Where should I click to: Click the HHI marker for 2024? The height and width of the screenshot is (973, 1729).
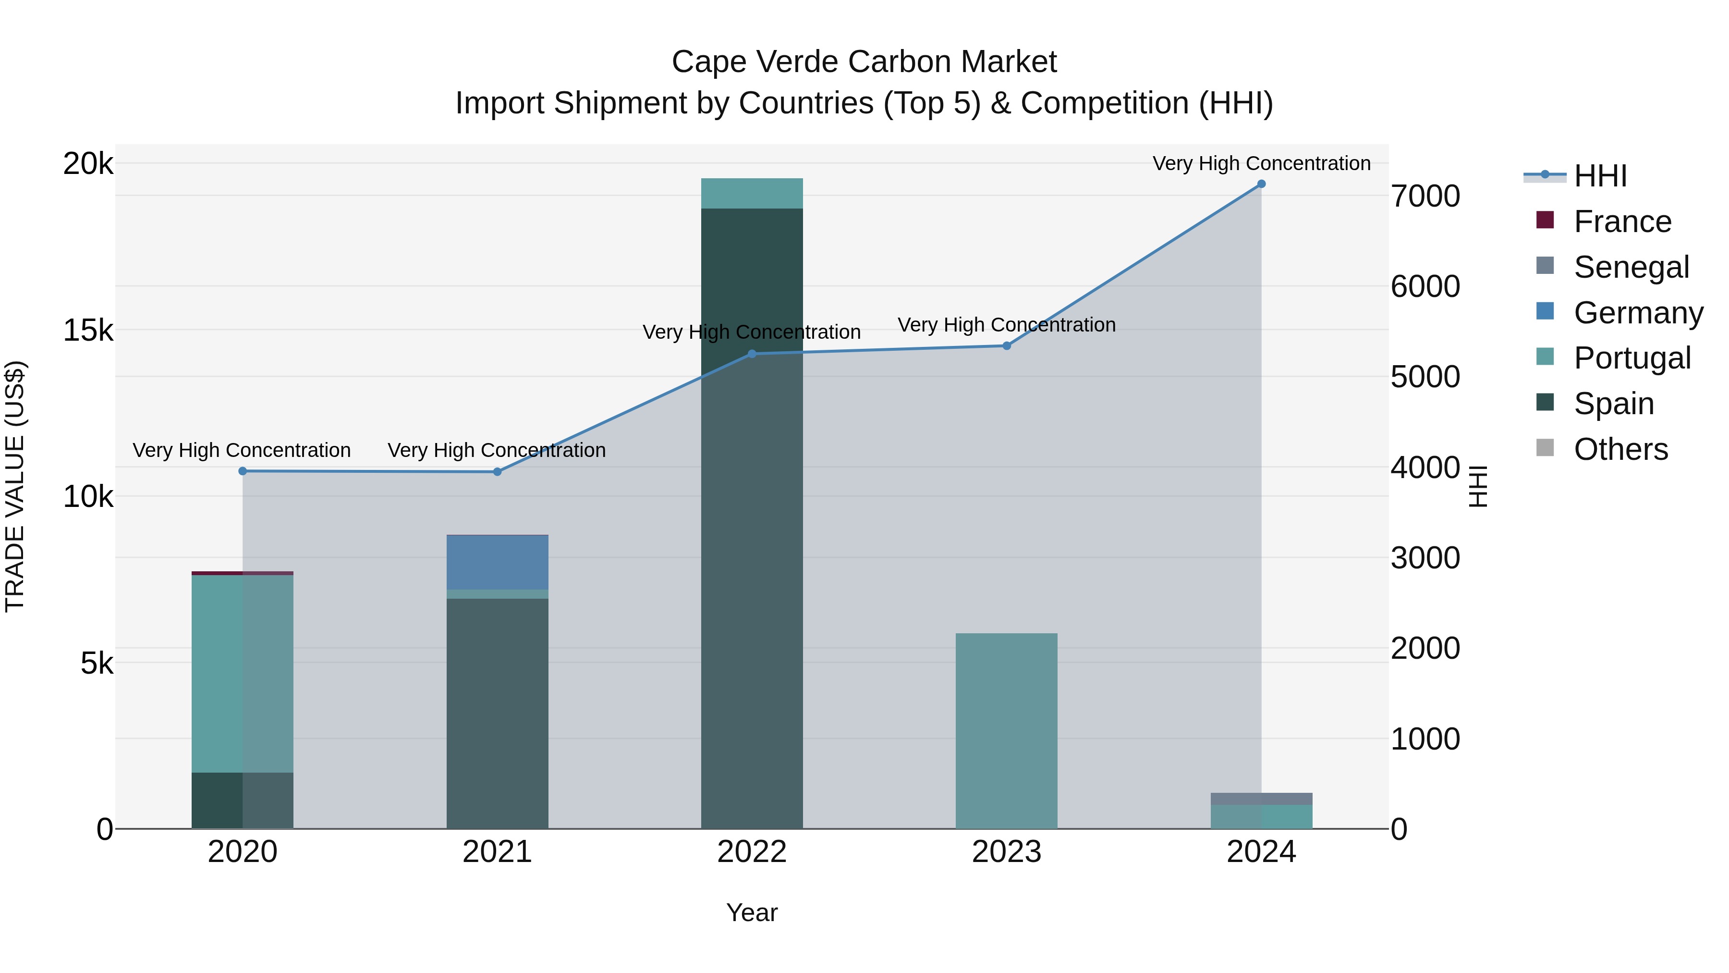(1261, 184)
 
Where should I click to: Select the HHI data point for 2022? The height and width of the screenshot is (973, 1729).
(752, 354)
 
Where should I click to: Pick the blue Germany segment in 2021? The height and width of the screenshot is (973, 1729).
(498, 562)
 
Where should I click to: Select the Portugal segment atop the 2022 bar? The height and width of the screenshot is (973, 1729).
(752, 193)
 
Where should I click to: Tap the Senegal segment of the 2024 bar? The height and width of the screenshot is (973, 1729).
(1261, 799)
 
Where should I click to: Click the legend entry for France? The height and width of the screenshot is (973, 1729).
(1621, 222)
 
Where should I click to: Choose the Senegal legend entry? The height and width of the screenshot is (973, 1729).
(1631, 267)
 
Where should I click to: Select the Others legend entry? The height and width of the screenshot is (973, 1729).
(1620, 449)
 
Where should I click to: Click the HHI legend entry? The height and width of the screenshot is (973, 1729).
(1600, 176)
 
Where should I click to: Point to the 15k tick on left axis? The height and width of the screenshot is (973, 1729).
(88, 331)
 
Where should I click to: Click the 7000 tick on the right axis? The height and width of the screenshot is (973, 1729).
(1425, 196)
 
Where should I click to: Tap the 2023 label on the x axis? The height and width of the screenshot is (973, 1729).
(1006, 852)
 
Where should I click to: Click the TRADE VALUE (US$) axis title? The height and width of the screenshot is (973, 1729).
(15, 486)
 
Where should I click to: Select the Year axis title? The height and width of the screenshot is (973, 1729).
(752, 912)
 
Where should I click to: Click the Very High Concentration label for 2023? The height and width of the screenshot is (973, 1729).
(1006, 325)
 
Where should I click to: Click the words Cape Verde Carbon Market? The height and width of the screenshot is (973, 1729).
(864, 62)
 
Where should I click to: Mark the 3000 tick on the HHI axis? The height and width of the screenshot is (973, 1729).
(1425, 558)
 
